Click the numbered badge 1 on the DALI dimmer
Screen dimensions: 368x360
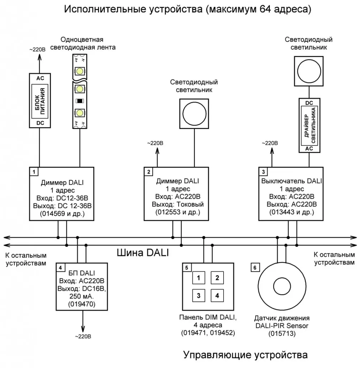(34, 172)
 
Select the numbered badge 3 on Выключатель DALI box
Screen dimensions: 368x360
(263, 172)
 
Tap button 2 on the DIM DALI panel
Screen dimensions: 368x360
(217, 277)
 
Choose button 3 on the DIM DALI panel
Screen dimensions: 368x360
(198, 296)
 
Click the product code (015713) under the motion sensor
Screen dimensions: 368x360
(282, 334)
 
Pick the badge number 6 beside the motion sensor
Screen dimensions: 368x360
(254, 268)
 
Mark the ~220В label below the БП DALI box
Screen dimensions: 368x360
(83, 336)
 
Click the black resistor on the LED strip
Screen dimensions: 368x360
(79, 100)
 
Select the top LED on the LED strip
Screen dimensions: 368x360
(79, 70)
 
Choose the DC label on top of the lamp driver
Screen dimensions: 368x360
(309, 103)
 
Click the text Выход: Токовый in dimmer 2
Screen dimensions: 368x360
(178, 204)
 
